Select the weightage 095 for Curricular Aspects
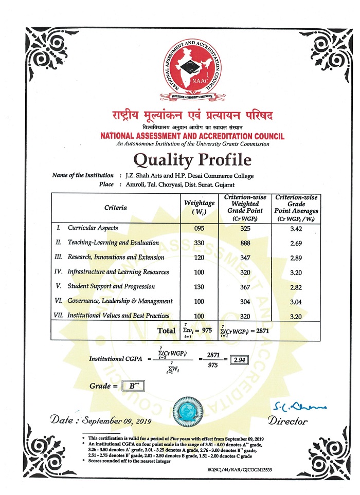199,228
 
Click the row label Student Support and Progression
112,286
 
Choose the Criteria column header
115,208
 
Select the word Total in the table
166,331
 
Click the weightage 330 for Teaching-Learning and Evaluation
199,243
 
